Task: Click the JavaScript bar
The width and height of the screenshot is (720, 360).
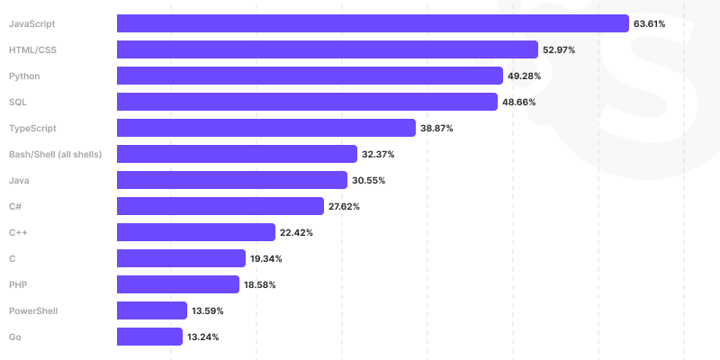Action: click(x=373, y=23)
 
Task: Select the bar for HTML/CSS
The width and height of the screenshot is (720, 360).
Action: click(x=328, y=49)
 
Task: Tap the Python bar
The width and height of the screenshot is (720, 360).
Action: click(x=310, y=76)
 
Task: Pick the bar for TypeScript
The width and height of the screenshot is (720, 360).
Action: click(x=266, y=128)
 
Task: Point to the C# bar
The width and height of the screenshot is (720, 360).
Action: click(x=220, y=206)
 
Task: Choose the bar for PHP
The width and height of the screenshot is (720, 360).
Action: click(x=178, y=284)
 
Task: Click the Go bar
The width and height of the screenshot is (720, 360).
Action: click(x=150, y=337)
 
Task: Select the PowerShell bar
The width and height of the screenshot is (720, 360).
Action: click(x=152, y=310)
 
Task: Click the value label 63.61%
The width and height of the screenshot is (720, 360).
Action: click(x=649, y=23)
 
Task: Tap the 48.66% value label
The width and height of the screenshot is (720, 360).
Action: click(x=519, y=102)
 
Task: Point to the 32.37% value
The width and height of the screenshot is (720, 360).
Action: click(x=378, y=154)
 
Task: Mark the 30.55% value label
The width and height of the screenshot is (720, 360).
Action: click(x=369, y=180)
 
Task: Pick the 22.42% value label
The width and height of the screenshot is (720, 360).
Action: click(x=296, y=232)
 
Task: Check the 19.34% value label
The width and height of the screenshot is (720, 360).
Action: click(x=267, y=258)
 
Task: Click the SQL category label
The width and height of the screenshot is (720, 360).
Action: click(x=17, y=102)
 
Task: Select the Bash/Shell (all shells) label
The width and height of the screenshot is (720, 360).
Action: click(x=55, y=154)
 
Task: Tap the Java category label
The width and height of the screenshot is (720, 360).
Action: click(x=19, y=180)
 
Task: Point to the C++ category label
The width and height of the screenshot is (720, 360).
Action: click(x=18, y=232)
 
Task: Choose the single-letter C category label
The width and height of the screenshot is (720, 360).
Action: click(x=12, y=258)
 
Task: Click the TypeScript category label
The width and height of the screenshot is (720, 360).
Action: click(x=32, y=128)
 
